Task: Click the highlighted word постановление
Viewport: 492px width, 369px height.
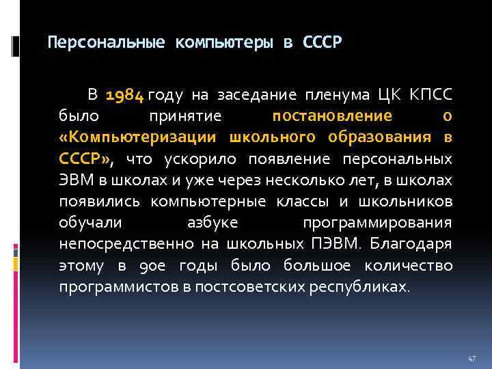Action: coord(332,115)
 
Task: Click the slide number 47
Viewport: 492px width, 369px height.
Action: coord(471,358)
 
